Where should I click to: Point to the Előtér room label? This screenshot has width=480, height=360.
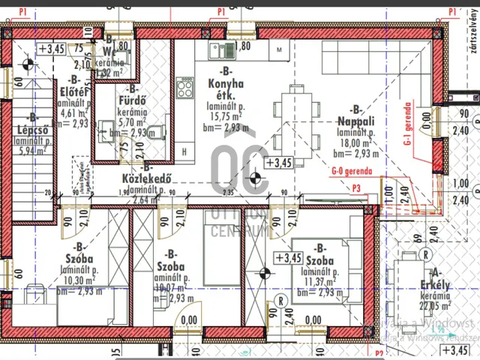(73, 92)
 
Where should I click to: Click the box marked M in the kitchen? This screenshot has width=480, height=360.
(279, 49)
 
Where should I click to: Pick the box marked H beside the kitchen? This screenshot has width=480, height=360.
(184, 151)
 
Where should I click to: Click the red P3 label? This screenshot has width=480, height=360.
(356, 189)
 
